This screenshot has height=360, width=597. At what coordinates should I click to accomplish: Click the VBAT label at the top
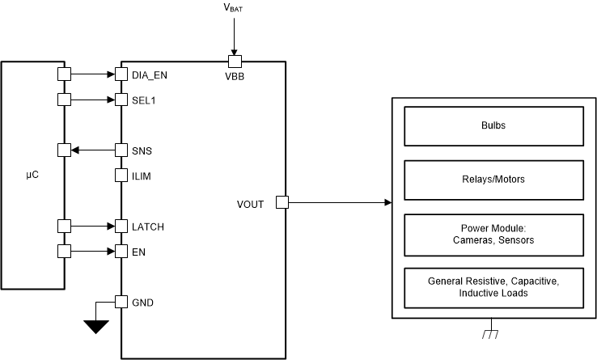(234, 9)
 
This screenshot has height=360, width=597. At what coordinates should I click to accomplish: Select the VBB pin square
(234, 61)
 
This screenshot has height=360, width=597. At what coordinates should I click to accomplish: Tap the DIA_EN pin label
(149, 74)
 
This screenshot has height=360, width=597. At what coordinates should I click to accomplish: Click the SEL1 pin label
(144, 100)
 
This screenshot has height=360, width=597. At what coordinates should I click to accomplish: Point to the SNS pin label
(142, 150)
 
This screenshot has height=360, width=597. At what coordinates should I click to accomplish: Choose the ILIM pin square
(121, 176)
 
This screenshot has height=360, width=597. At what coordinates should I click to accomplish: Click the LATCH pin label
(147, 227)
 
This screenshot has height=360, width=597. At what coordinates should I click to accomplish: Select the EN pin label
(138, 252)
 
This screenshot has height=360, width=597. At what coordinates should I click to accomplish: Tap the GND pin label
(142, 303)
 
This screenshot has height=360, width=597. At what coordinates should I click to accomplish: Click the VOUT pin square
(283, 202)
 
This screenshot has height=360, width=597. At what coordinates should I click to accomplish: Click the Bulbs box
(493, 126)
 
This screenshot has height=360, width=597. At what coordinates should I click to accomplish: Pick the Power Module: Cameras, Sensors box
(493, 233)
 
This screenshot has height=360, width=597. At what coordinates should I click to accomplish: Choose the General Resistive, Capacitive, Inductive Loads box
(493, 286)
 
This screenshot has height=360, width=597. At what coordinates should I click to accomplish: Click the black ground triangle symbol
(96, 327)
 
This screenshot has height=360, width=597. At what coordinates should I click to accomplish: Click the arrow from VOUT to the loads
(340, 202)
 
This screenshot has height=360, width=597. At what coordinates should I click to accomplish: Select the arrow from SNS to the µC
(93, 150)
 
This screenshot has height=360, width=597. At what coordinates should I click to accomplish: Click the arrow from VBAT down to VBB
(234, 36)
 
